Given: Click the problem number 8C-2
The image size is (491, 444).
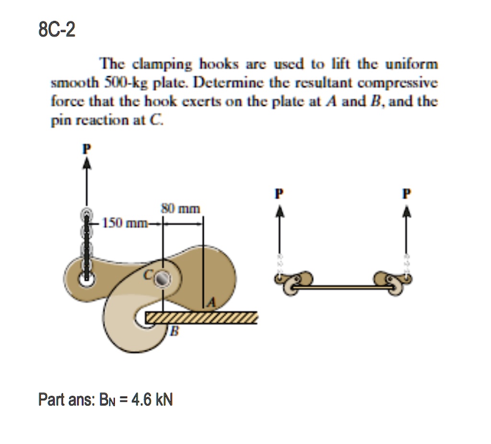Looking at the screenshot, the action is point(57,32).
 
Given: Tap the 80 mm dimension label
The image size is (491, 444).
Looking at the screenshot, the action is point(184,209).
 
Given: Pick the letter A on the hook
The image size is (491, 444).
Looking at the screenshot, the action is point(211,302).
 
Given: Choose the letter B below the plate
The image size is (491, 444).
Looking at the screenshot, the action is point(175,331).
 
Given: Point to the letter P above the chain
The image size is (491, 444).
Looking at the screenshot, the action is point(86,148).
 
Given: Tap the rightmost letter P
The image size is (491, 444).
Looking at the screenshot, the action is point(407,195).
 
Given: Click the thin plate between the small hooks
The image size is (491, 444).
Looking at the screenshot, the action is point(343,287).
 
